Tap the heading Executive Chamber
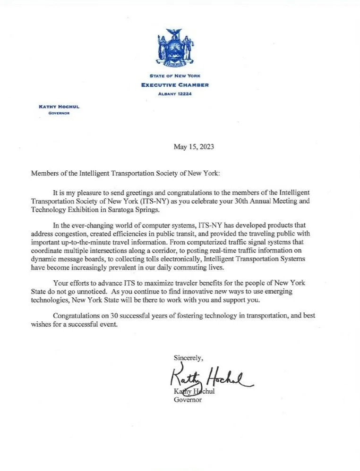click(174, 85)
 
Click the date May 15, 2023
click(194, 147)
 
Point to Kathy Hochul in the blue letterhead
click(59, 107)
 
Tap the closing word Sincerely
click(189, 357)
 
